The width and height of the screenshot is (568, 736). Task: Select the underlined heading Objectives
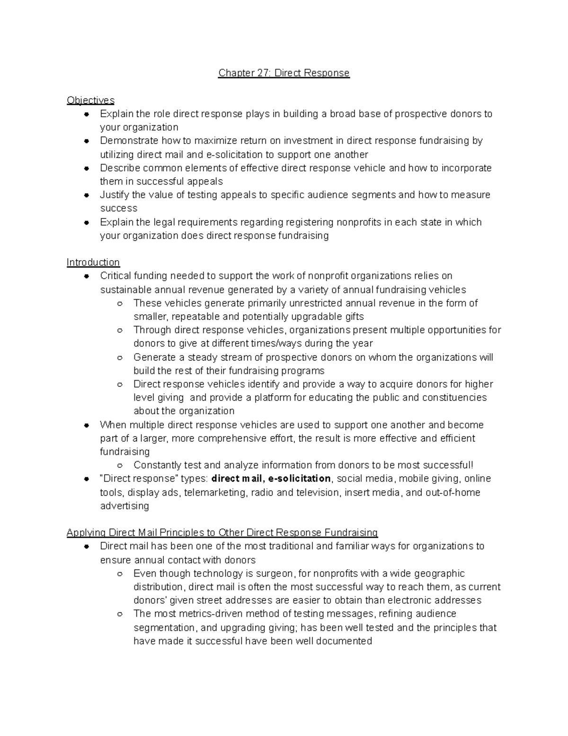(x=90, y=100)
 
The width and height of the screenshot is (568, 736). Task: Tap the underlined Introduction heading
(x=93, y=262)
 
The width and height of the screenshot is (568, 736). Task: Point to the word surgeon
(x=275, y=573)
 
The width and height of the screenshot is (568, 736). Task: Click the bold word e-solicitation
(x=299, y=478)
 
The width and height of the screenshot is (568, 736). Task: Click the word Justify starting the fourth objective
(x=114, y=195)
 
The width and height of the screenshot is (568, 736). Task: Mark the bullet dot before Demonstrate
(x=87, y=141)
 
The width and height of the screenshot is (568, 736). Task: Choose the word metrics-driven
(x=212, y=614)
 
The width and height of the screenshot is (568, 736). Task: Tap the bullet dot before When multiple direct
(x=87, y=426)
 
